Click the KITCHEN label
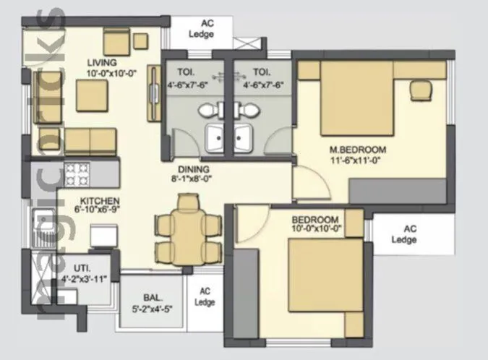[100, 201]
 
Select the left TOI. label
[189, 72]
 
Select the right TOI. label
[261, 72]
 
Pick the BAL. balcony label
[153, 297]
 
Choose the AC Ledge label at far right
[410, 235]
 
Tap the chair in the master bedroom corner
[419, 90]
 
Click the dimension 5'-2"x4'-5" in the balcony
[153, 308]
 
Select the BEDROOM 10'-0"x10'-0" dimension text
[315, 228]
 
